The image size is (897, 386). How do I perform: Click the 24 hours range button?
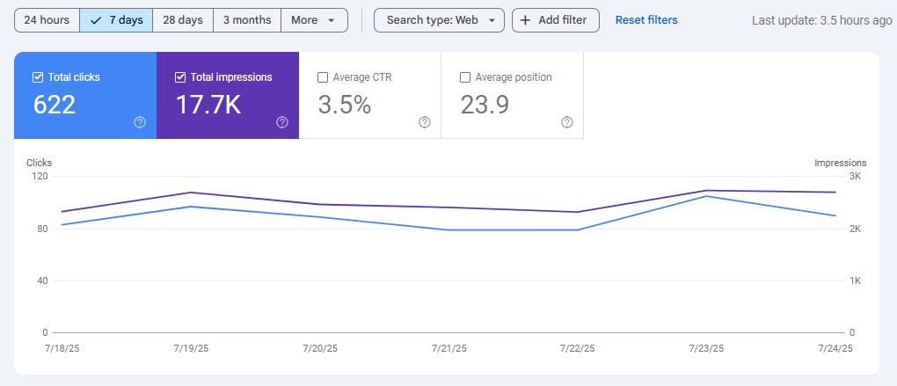[x=47, y=20]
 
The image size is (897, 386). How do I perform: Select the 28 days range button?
[x=183, y=20]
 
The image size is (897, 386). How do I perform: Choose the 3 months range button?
[x=247, y=20]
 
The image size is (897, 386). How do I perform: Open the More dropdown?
[x=314, y=20]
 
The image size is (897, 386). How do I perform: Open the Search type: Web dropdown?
[x=440, y=20]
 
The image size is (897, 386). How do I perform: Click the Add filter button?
[x=556, y=20]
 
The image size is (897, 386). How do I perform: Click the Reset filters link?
[x=646, y=20]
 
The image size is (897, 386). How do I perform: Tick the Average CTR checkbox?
[x=323, y=77]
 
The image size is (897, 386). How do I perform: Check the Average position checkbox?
[x=465, y=77]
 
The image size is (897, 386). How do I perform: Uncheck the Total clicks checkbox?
[x=38, y=77]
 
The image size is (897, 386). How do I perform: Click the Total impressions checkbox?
[x=180, y=77]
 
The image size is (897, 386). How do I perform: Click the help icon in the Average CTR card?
[x=425, y=122]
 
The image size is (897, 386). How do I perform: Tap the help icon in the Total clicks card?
[x=140, y=122]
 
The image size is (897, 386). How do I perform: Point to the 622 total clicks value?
[x=55, y=105]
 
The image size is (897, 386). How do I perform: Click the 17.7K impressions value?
[x=208, y=105]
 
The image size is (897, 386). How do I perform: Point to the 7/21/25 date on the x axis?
[x=448, y=349]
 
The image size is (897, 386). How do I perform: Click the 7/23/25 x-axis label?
[x=706, y=349]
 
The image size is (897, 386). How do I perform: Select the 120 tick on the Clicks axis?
[x=40, y=177]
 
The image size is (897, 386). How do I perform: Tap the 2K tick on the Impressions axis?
[x=854, y=229]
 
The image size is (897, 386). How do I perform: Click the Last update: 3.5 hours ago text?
[x=822, y=20]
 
